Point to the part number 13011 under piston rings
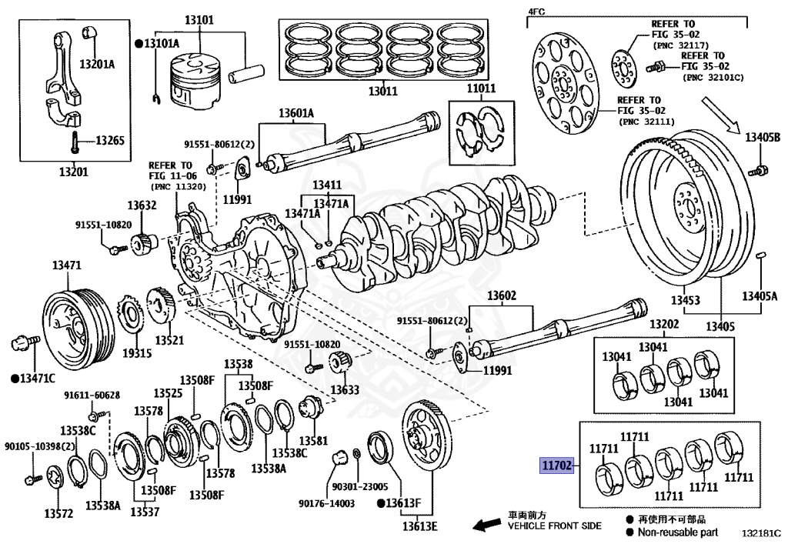tap(382, 92)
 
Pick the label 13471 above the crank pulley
tap(66, 265)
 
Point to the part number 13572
tap(58, 512)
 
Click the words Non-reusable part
tap(677, 532)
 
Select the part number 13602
tap(502, 295)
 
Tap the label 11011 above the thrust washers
tap(481, 89)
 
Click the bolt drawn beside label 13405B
tap(762, 169)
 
